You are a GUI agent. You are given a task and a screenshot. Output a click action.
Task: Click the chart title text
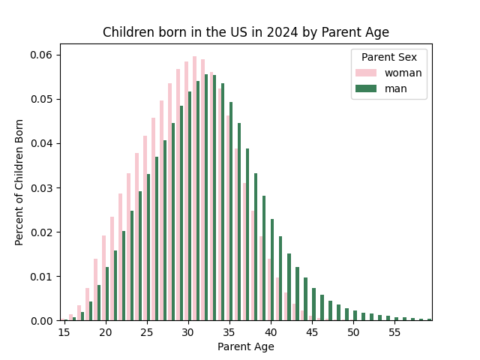click(246, 32)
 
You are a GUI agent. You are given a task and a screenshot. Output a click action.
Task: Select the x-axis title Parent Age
click(246, 346)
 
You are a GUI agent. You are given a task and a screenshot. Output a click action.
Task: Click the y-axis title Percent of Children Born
click(19, 182)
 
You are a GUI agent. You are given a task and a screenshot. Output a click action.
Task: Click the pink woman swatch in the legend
click(366, 73)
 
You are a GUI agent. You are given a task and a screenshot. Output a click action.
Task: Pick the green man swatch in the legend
click(366, 88)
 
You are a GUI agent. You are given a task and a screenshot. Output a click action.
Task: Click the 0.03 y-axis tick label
click(41, 187)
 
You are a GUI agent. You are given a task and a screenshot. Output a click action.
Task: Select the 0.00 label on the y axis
click(41, 320)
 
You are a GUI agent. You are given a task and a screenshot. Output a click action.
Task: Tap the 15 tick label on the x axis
click(64, 332)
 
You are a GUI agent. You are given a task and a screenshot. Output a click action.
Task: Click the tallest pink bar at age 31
click(195, 187)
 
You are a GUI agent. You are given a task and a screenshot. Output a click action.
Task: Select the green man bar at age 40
click(272, 270)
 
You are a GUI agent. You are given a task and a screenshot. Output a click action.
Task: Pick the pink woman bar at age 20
click(103, 277)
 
